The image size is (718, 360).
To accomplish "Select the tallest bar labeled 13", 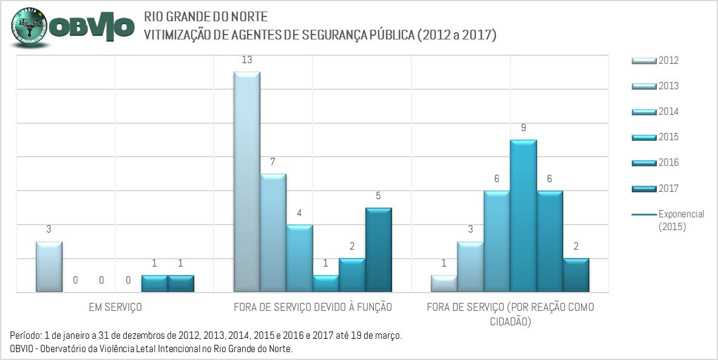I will point(247,182).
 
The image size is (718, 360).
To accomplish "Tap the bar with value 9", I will point(523,216).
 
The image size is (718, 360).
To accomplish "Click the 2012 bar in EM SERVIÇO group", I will point(49,267).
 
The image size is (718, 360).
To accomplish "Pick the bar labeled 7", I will point(273,233).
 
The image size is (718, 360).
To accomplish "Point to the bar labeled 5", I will point(379,250).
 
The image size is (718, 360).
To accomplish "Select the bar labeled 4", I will point(299,259).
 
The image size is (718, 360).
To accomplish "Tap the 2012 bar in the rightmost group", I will point(444,284).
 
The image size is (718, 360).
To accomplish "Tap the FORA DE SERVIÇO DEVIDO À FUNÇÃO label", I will point(313,307).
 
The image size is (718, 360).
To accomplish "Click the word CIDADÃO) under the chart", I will point(510,321).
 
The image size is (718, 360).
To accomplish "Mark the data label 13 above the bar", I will point(246,60).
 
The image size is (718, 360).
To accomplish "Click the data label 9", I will point(523,128).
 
